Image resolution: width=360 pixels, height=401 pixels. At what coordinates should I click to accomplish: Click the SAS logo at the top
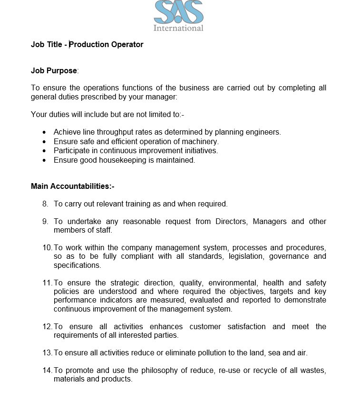click(x=178, y=12)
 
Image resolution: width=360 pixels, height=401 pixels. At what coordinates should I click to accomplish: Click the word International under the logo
click(x=178, y=28)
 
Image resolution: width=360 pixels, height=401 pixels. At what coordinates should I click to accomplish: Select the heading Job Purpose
click(x=54, y=71)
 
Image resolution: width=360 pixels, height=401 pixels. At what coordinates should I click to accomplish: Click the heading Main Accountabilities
click(x=72, y=186)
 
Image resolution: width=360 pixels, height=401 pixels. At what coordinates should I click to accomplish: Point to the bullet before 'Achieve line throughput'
click(x=44, y=132)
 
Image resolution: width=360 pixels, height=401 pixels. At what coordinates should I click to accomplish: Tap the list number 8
click(x=45, y=204)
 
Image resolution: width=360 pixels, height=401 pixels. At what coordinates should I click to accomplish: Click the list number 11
click(x=47, y=283)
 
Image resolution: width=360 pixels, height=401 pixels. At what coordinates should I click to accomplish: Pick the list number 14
click(x=47, y=371)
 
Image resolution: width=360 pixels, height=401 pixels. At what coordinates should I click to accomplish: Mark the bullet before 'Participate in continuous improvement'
click(x=44, y=151)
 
